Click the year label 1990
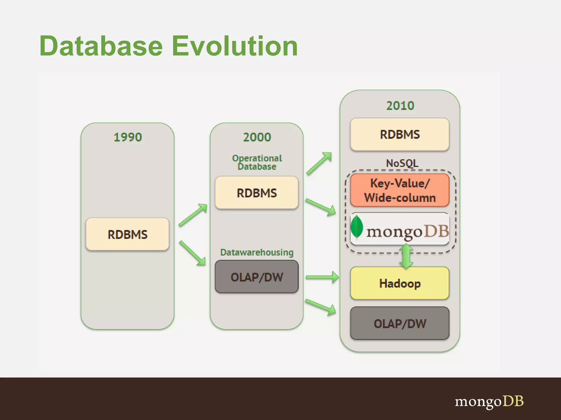point(128,137)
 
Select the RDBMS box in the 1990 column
point(127,234)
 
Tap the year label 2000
point(257,137)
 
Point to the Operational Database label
point(257,162)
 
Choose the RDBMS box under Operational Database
point(257,193)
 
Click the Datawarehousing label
point(257,252)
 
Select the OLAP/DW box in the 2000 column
point(257,277)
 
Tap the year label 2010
point(400,106)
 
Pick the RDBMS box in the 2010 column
point(400,134)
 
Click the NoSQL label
point(402,163)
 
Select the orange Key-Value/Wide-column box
point(400,190)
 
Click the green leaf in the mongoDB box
point(357,227)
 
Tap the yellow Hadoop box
point(400,283)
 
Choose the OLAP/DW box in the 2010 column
point(400,323)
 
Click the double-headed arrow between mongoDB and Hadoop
point(406,256)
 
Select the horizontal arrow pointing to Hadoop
point(322,277)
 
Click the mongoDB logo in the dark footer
point(489,402)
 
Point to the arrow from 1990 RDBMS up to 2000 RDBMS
point(193,215)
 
